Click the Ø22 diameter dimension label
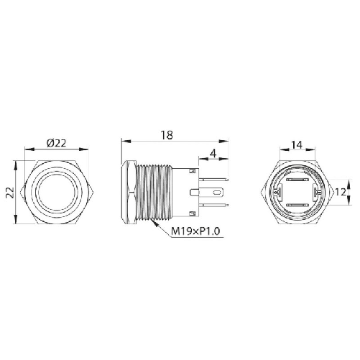coord(56,143)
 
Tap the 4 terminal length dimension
coord(213,153)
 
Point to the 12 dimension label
coord(343,193)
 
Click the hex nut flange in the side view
coord(128,193)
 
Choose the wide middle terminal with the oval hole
coord(212,193)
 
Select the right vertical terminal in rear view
coord(313,193)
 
